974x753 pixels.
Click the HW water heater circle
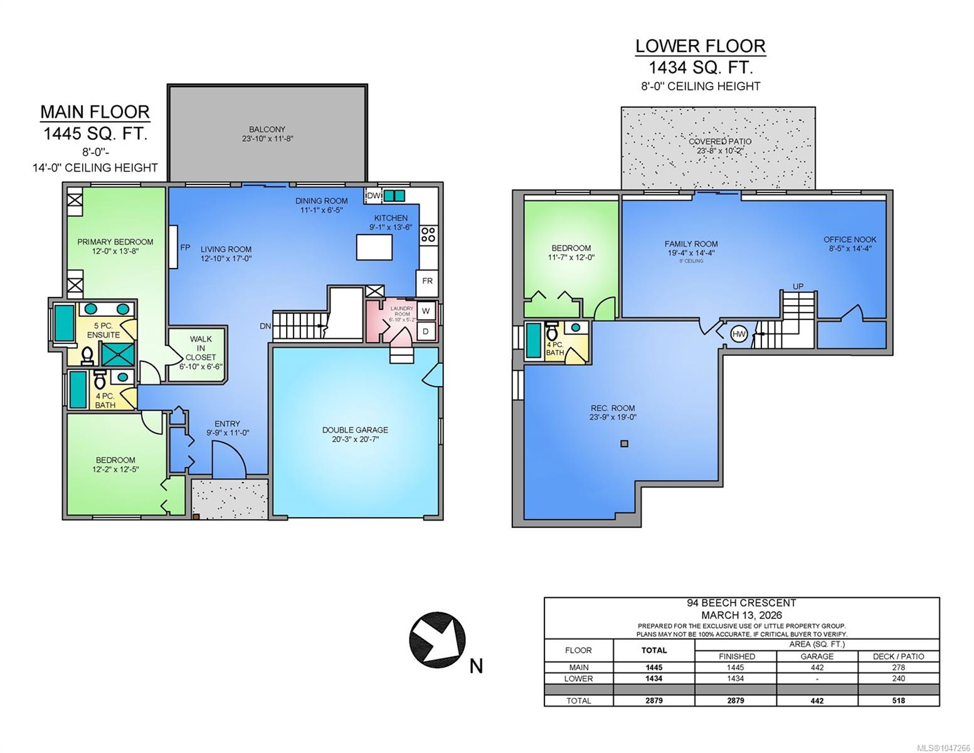739,334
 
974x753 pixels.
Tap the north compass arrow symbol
437,639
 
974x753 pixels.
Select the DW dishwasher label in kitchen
373,196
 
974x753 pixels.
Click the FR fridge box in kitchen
426,282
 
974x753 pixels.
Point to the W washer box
426,311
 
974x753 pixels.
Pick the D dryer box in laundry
426,331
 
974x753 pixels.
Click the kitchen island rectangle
374,247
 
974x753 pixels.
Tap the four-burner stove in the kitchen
428,235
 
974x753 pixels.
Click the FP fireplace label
185,247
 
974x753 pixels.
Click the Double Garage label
355,430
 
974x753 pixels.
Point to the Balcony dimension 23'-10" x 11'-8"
267,139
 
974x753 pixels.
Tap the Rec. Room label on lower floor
613,408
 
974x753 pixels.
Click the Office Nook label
850,240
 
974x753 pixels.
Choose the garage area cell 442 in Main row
817,667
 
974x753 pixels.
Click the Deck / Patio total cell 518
898,700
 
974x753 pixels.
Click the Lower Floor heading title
700,46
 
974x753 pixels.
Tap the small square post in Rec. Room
625,444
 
